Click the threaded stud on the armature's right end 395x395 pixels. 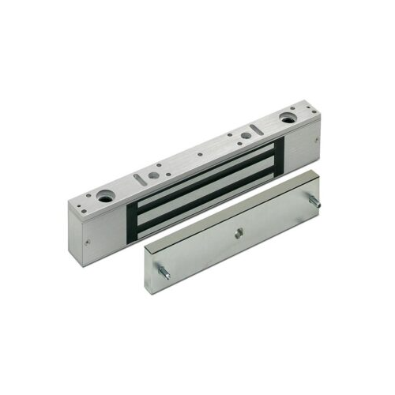point(316,203)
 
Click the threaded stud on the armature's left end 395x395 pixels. point(164,273)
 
